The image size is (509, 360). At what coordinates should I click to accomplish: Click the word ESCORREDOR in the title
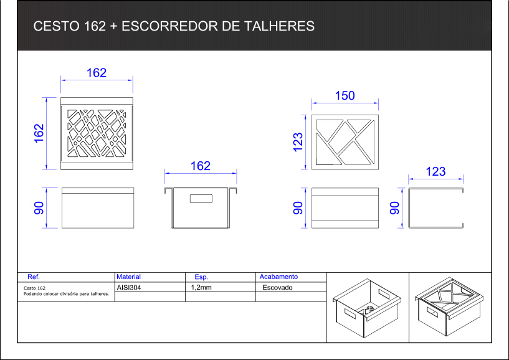coord(169,26)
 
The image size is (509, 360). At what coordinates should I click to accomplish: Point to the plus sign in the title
coord(113,27)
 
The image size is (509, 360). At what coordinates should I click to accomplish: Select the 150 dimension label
coord(345,96)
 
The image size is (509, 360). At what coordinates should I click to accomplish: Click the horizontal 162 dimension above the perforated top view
coord(97,73)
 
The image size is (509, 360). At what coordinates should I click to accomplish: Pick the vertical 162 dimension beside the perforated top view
coord(39,133)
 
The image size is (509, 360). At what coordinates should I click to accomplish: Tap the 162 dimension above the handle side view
coord(200,166)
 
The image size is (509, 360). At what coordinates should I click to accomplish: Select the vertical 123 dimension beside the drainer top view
coord(298,142)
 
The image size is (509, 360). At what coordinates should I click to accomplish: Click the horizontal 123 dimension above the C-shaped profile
coord(435,171)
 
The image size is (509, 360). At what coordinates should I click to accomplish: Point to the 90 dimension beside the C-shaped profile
coord(394,208)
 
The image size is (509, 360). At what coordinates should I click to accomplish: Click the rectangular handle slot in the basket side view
coord(201,199)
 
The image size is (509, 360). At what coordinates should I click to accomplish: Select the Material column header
coord(128,277)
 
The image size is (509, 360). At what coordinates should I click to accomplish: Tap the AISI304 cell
coord(129,288)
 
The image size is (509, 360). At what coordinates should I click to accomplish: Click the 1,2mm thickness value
coord(201,287)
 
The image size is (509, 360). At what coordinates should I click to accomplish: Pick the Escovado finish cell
coord(277,288)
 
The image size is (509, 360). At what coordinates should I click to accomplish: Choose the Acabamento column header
coord(278,277)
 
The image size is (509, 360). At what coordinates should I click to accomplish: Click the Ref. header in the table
coord(34,277)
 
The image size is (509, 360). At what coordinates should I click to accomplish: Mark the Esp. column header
coord(201,277)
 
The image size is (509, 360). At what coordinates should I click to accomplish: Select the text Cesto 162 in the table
coord(34,288)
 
